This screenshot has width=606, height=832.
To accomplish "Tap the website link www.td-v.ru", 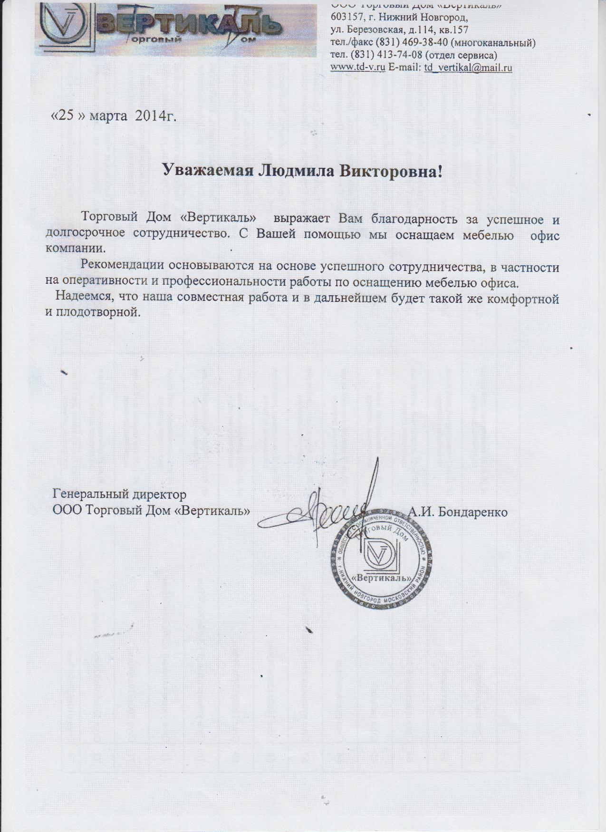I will (x=357, y=68).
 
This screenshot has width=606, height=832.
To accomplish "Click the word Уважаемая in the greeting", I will (x=207, y=170).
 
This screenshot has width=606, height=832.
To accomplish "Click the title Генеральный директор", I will (x=119, y=495).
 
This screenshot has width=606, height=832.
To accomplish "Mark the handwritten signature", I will (x=328, y=511).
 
